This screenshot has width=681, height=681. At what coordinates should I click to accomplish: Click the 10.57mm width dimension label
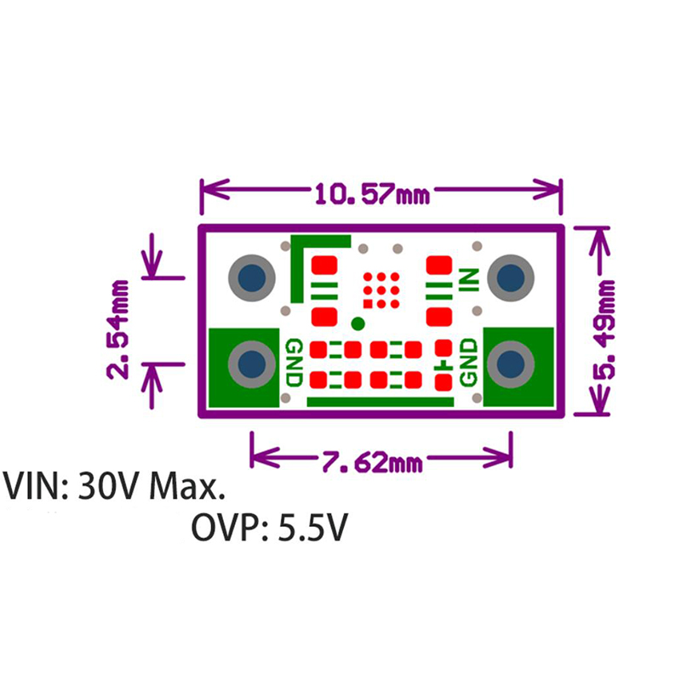pyautogui.click(x=372, y=193)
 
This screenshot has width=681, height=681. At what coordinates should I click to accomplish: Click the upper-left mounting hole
pyautogui.click(x=251, y=277)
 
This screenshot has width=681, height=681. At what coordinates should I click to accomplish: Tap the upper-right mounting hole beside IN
pyautogui.click(x=512, y=277)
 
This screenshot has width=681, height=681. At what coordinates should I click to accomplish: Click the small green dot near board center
pyautogui.click(x=358, y=323)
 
